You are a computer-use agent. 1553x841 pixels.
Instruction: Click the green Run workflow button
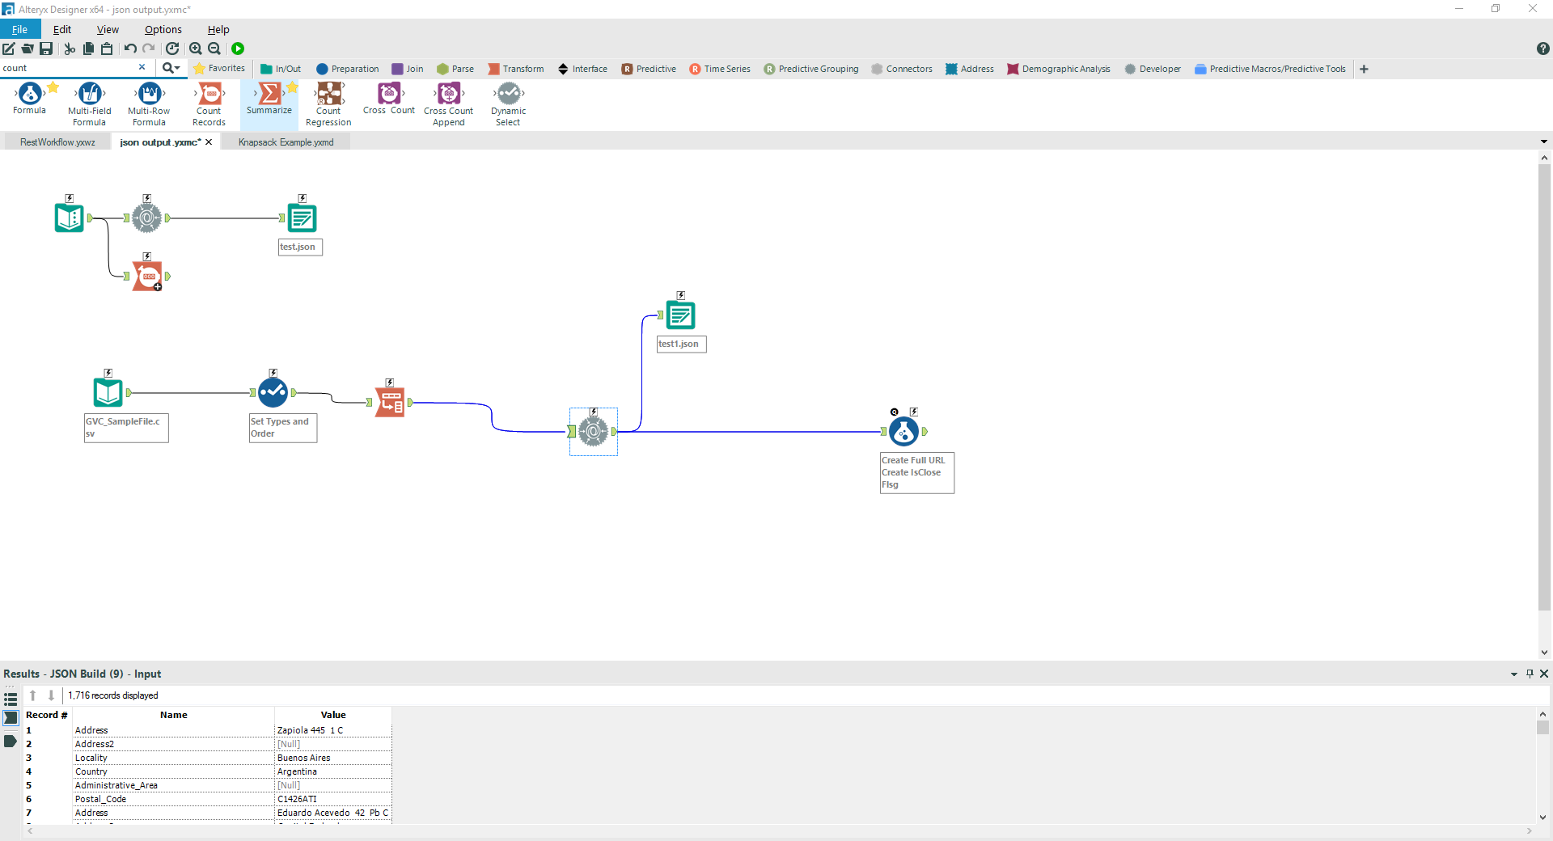(x=238, y=49)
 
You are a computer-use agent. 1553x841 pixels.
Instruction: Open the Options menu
(x=163, y=30)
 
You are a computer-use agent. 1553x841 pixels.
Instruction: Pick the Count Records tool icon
(x=209, y=94)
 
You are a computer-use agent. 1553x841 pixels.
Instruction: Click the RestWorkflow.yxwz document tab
(x=57, y=142)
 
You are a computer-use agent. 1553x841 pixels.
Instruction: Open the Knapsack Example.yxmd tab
(x=286, y=142)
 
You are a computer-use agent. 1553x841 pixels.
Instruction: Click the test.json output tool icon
(x=302, y=218)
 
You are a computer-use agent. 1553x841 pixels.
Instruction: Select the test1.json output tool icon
(x=680, y=315)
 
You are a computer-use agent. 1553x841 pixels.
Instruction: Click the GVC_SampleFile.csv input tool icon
(x=108, y=393)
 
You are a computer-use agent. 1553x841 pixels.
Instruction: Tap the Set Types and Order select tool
(x=273, y=393)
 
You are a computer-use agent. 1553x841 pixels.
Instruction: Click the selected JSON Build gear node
(x=593, y=432)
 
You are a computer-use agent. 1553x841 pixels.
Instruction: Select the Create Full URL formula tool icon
(x=903, y=432)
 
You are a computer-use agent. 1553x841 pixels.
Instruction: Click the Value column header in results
(x=332, y=715)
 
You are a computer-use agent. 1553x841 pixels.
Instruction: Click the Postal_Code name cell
(x=100, y=799)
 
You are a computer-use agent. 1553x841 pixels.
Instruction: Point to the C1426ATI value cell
(x=297, y=799)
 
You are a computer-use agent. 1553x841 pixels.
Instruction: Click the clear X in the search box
(x=142, y=68)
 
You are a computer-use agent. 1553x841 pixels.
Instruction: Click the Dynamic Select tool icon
(x=508, y=94)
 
